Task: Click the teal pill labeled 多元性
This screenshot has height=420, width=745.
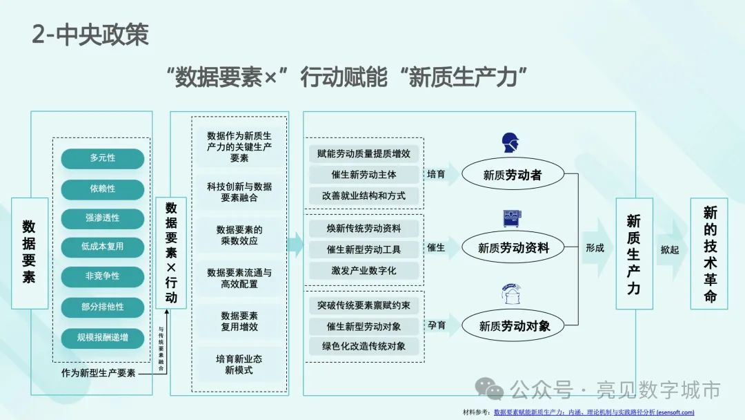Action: tap(102, 158)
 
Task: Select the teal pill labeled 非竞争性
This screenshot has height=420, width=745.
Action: tap(102, 276)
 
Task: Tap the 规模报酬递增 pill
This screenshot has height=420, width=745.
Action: tap(102, 338)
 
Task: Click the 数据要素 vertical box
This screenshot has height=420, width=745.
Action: tap(30, 253)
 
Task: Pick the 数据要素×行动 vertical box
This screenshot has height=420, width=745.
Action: tap(171, 253)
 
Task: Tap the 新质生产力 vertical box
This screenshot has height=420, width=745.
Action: tap(633, 253)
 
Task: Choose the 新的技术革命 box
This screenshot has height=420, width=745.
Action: tap(709, 253)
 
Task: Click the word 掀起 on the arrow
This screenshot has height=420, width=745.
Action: tap(669, 249)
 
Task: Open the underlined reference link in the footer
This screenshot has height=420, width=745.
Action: tap(594, 412)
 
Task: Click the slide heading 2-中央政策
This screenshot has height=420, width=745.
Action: tap(90, 35)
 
